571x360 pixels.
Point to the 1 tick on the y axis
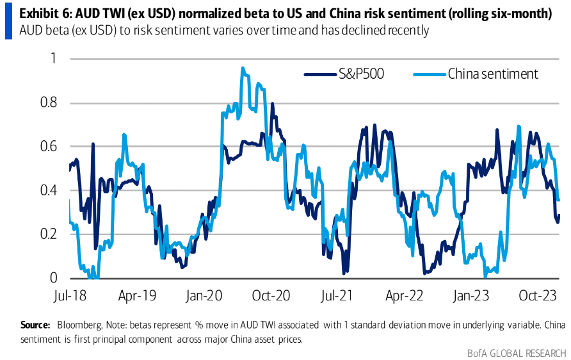(54, 59)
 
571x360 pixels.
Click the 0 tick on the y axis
(54, 278)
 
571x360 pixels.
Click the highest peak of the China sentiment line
(242, 68)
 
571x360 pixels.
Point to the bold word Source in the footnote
(35, 325)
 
